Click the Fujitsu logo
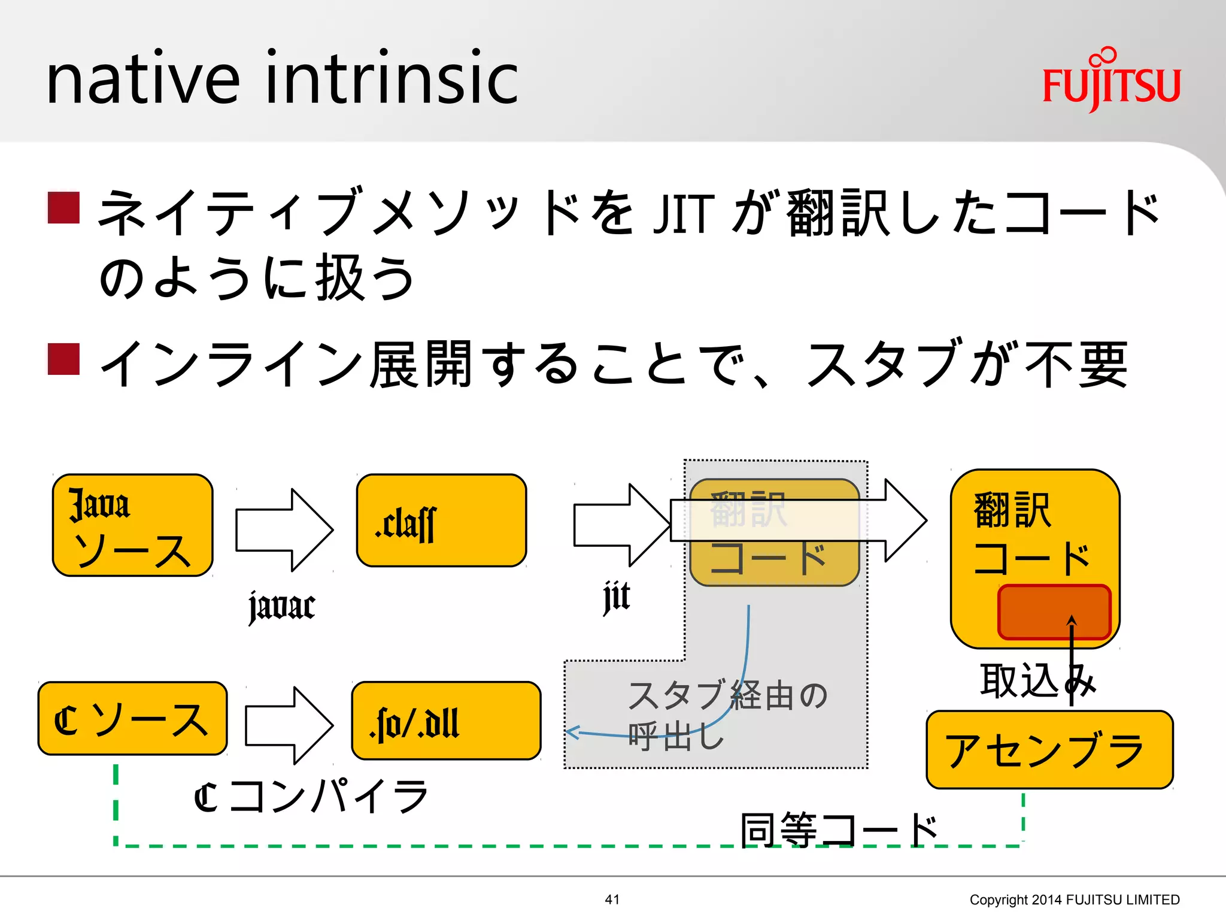[1111, 81]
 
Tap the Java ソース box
[133, 525]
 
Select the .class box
[441, 520]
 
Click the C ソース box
[132, 719]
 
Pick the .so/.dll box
[446, 721]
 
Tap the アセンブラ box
[1049, 750]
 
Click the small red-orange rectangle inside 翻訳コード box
[1054, 612]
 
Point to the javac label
[282, 606]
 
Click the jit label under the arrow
[617, 597]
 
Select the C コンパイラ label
[311, 797]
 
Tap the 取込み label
[1037, 681]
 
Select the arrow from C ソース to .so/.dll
[289, 725]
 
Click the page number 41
[612, 899]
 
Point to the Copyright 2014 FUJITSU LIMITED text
[1074, 900]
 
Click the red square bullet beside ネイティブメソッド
[63, 208]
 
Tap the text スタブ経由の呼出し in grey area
[726, 715]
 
